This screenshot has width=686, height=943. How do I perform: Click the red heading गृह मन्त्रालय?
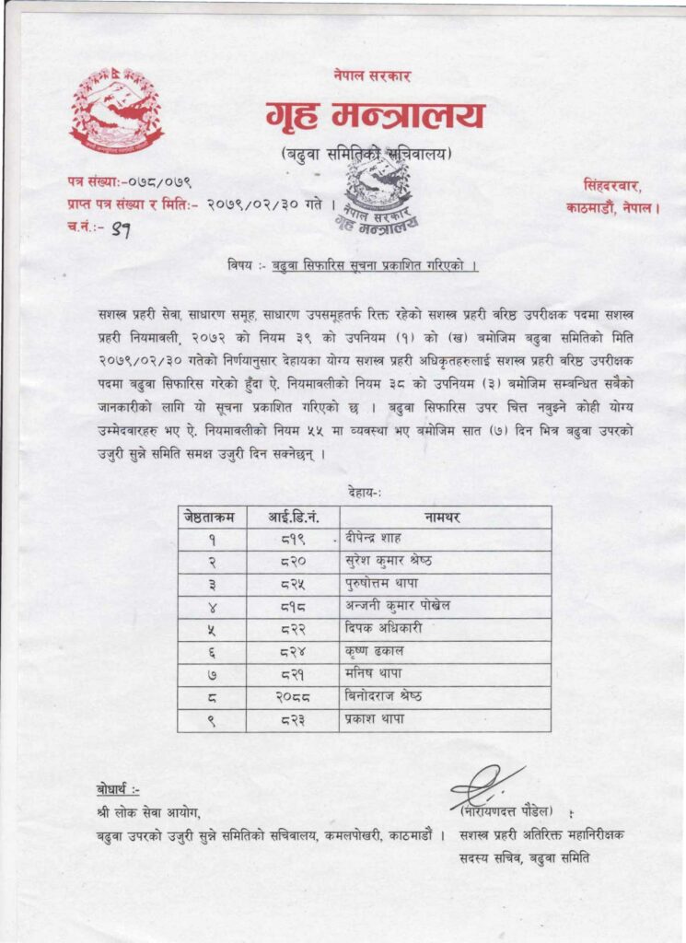tap(374, 118)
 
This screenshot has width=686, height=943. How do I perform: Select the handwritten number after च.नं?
tap(118, 230)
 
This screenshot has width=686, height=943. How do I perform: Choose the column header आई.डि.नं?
tap(293, 517)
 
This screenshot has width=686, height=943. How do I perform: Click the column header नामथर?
tap(444, 517)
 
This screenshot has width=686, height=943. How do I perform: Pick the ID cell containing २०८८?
tap(293, 696)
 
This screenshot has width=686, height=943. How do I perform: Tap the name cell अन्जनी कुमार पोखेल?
tap(398, 606)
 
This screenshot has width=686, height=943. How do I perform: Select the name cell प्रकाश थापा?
tap(376, 718)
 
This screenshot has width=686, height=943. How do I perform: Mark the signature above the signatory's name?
tap(485, 786)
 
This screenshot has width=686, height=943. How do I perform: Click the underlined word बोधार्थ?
tap(118, 790)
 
